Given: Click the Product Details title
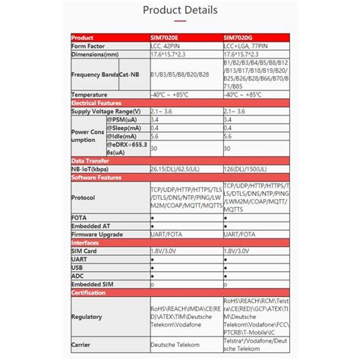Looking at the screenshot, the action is click(179, 11).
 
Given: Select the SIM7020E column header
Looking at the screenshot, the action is click(166, 37).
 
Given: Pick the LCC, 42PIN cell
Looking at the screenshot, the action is click(169, 46).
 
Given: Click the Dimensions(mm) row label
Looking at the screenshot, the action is click(96, 54).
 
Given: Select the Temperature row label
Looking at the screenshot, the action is click(90, 94).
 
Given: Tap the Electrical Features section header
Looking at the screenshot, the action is click(96, 103).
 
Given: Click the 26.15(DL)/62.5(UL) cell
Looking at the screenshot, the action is click(176, 169).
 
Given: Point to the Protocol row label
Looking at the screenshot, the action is click(83, 197).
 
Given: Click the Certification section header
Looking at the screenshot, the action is click(89, 292).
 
